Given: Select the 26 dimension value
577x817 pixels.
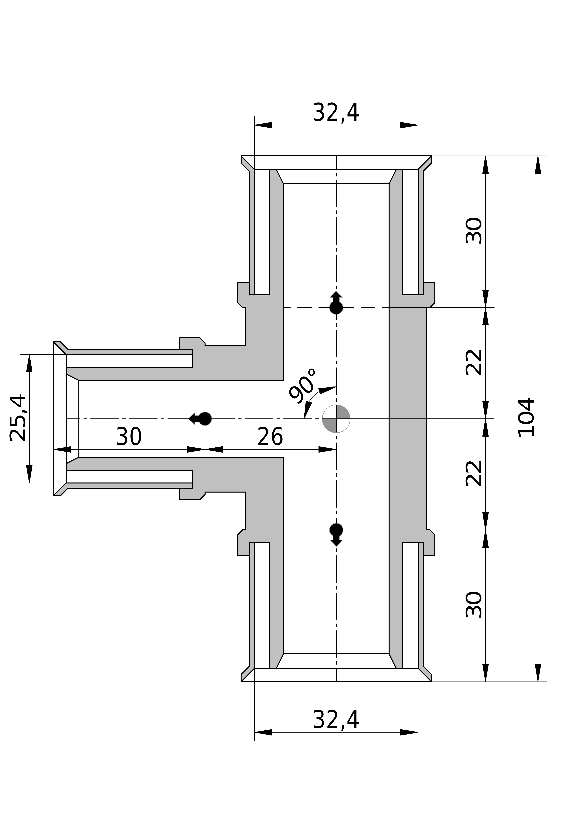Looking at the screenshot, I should (x=270, y=437).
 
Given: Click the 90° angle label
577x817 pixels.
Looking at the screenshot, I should (x=302, y=386).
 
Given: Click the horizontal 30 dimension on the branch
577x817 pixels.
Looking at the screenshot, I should (x=129, y=437).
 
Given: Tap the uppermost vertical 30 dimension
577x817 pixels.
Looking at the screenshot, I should (x=474, y=231).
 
